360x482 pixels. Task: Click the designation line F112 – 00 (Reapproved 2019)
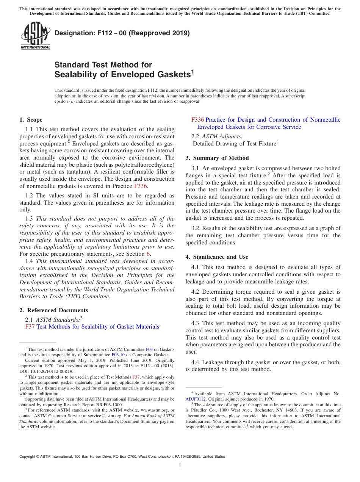coord(122,33)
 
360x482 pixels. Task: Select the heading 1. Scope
coord(31,120)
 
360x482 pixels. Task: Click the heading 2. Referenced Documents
coord(54,310)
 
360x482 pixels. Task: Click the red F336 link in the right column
coord(198,120)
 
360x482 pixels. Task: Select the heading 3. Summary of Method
coord(217,158)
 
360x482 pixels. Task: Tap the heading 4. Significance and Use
coord(217,257)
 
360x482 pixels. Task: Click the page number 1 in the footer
coord(180,466)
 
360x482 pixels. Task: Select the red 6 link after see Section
coord(148,254)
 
